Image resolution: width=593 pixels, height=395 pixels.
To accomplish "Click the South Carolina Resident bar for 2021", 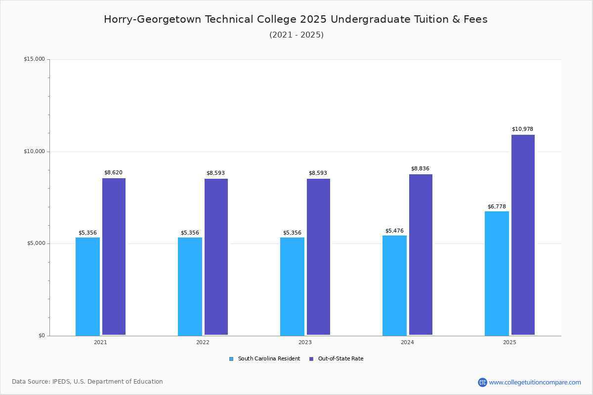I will pos(87,286).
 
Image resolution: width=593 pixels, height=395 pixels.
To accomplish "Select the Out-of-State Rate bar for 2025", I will pos(523,235).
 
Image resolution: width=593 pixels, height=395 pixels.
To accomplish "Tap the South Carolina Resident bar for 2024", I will pos(394,285).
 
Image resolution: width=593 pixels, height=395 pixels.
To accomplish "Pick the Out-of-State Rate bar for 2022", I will pos(216,257).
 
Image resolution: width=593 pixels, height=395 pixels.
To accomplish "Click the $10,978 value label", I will pos(522,129).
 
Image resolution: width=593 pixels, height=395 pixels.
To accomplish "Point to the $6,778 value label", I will pos(497,206).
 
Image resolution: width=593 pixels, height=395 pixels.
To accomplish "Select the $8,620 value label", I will pos(113,173).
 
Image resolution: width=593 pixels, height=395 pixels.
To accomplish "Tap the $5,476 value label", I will pos(394,231).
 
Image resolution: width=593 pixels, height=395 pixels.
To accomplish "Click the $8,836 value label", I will pos(420,169).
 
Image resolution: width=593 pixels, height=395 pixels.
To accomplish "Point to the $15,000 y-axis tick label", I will pos(34,59).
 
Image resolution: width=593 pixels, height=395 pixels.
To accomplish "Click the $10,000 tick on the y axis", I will pos(34,152).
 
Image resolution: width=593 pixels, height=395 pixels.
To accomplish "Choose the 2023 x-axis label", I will pos(305,342).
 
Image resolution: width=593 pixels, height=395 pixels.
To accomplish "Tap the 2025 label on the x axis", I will pos(509,342).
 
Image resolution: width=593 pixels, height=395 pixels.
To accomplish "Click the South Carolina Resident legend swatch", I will pos(231,359).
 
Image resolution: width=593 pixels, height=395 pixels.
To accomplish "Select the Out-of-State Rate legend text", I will pos(340,359).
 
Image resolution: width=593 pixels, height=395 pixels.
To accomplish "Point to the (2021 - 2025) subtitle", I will pos(296,35).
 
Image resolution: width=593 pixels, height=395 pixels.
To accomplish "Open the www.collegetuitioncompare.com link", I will pos(535,382).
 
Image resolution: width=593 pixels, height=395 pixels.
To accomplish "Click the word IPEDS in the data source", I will pos(61,382).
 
